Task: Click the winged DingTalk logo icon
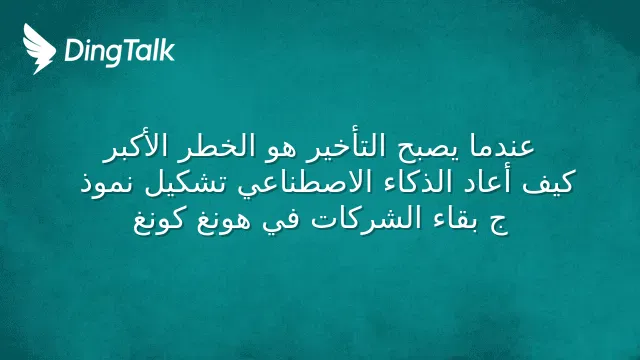pyautogui.click(x=39, y=49)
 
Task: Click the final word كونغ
pyautogui.click(x=160, y=222)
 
